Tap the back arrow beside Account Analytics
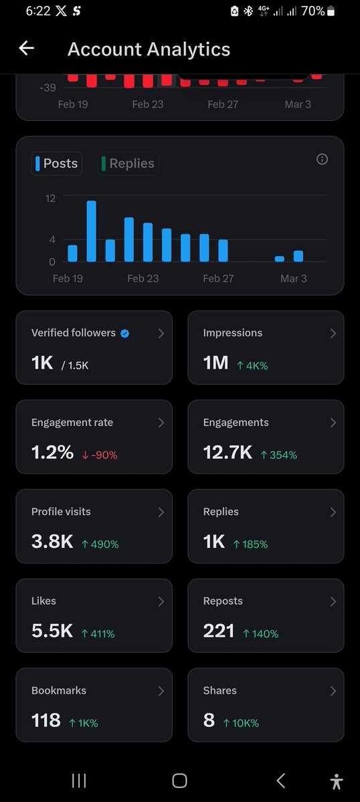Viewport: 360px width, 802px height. [x=26, y=48]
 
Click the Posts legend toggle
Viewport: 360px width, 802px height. [x=57, y=163]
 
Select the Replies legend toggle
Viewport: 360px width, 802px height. [x=128, y=163]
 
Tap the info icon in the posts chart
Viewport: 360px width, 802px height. [x=322, y=159]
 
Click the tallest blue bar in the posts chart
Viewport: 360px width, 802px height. [x=91, y=231]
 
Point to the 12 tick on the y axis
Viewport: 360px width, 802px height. [x=50, y=198]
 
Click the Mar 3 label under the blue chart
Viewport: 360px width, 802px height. [x=293, y=278]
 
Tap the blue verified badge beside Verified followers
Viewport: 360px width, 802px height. [x=124, y=333]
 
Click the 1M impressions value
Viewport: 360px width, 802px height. [x=215, y=363]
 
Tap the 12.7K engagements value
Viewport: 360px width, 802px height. [x=228, y=453]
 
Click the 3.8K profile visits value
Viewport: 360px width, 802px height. [x=52, y=542]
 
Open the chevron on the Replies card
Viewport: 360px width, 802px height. [x=333, y=512]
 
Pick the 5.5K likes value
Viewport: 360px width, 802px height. [x=52, y=631]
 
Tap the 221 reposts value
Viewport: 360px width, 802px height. [x=219, y=631]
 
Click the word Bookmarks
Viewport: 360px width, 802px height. [x=59, y=690]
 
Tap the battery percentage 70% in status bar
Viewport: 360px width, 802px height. [x=312, y=11]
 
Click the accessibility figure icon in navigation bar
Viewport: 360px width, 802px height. [x=336, y=781]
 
